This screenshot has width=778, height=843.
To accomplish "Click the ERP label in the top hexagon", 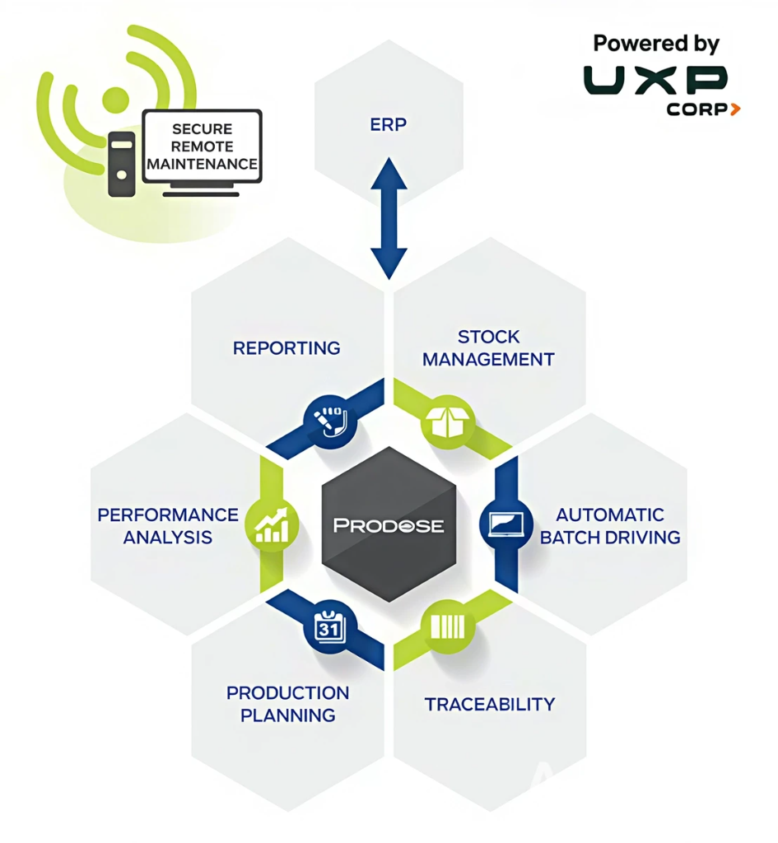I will (389, 125).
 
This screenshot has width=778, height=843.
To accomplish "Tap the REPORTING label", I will (287, 348).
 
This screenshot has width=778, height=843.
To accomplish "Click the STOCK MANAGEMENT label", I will (489, 348).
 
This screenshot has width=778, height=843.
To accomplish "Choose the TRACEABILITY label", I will (490, 704).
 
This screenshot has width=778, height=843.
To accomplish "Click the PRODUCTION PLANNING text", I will (287, 704).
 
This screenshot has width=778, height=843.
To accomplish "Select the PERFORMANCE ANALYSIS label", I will (168, 526).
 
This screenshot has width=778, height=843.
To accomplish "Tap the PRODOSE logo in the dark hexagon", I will (389, 525).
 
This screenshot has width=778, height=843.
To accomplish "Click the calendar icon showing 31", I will (328, 628).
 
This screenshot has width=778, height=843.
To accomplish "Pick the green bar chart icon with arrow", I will (273, 525).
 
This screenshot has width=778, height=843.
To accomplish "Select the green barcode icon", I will (447, 628).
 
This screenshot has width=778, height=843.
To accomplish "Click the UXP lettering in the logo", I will (656, 80).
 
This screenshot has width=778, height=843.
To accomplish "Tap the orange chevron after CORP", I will (734, 109).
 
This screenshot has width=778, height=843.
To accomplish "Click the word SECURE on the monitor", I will (202, 129).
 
